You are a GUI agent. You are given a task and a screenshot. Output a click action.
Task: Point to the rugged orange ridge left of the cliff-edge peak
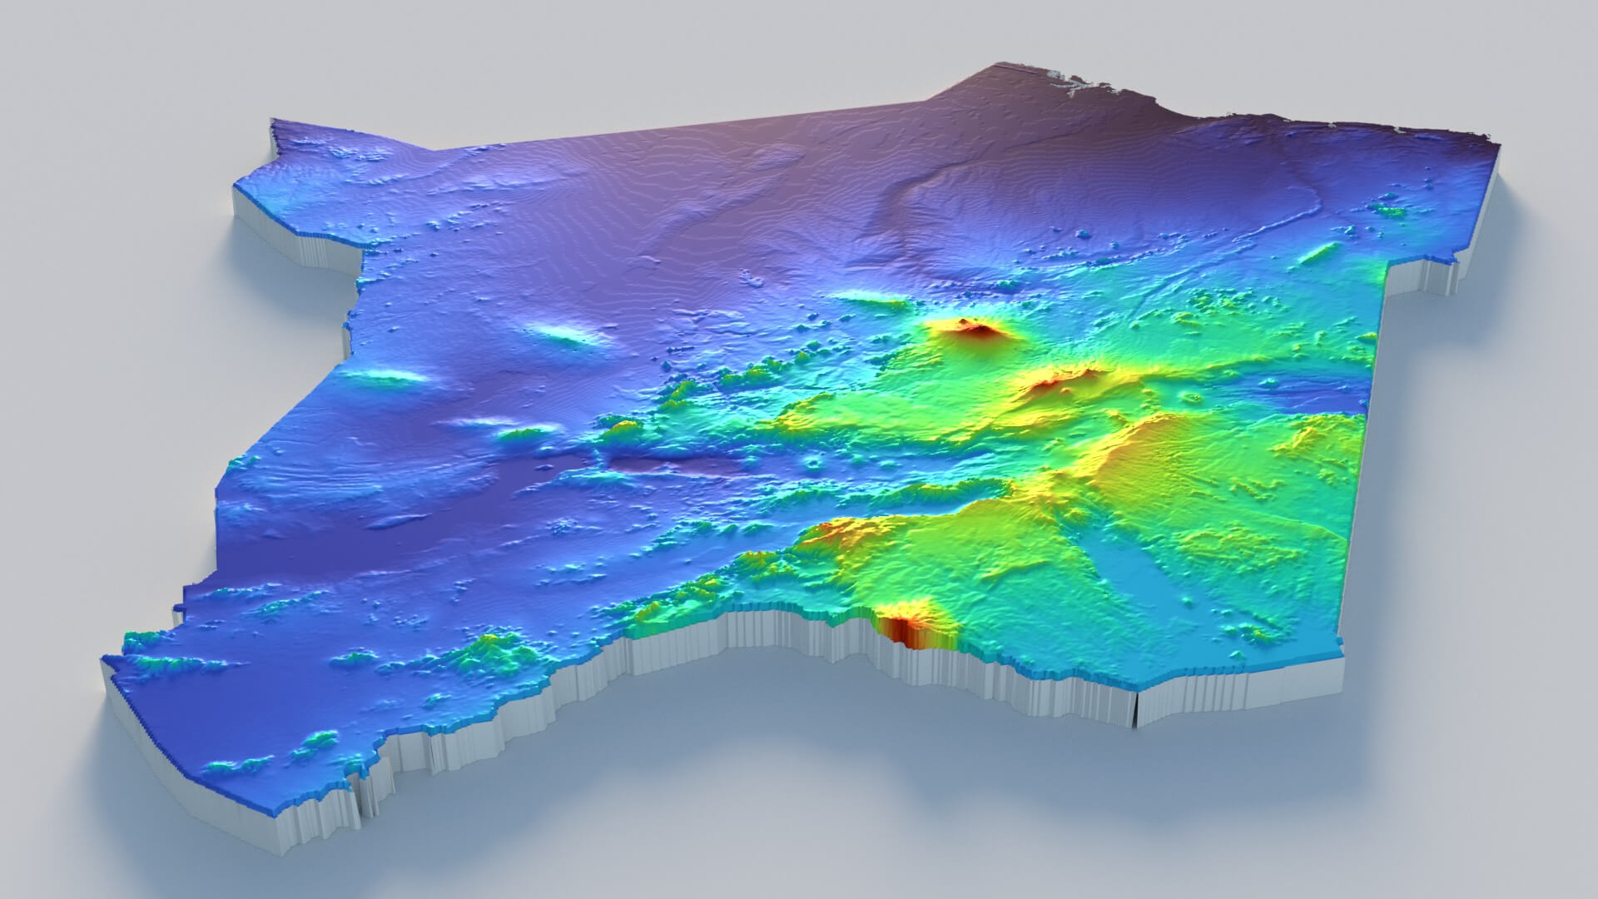point(832,533)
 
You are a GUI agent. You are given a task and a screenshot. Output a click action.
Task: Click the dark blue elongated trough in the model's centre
point(666,462)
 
